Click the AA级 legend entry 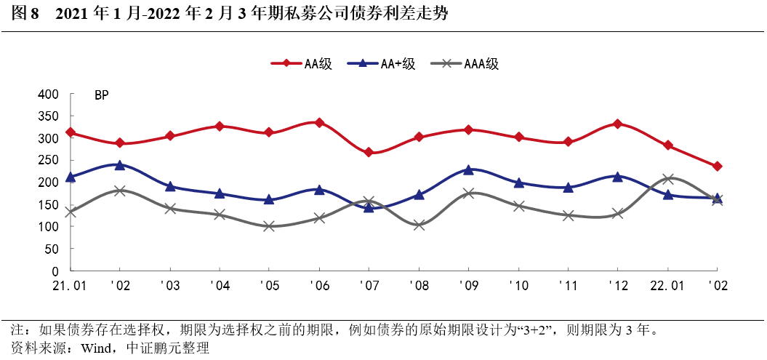[301, 64]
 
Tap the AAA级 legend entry [465, 64]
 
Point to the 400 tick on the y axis [48, 95]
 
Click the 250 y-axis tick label [48, 161]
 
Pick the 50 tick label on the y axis [52, 249]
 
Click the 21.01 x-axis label [71, 286]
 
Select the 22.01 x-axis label [667, 286]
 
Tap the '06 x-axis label [318, 286]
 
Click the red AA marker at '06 [318, 123]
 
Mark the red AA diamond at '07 [369, 152]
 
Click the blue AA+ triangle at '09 [468, 169]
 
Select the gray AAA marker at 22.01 [667, 179]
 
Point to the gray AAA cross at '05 [269, 226]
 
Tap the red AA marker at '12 [617, 124]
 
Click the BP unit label [101, 95]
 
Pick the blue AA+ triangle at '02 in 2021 [120, 165]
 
